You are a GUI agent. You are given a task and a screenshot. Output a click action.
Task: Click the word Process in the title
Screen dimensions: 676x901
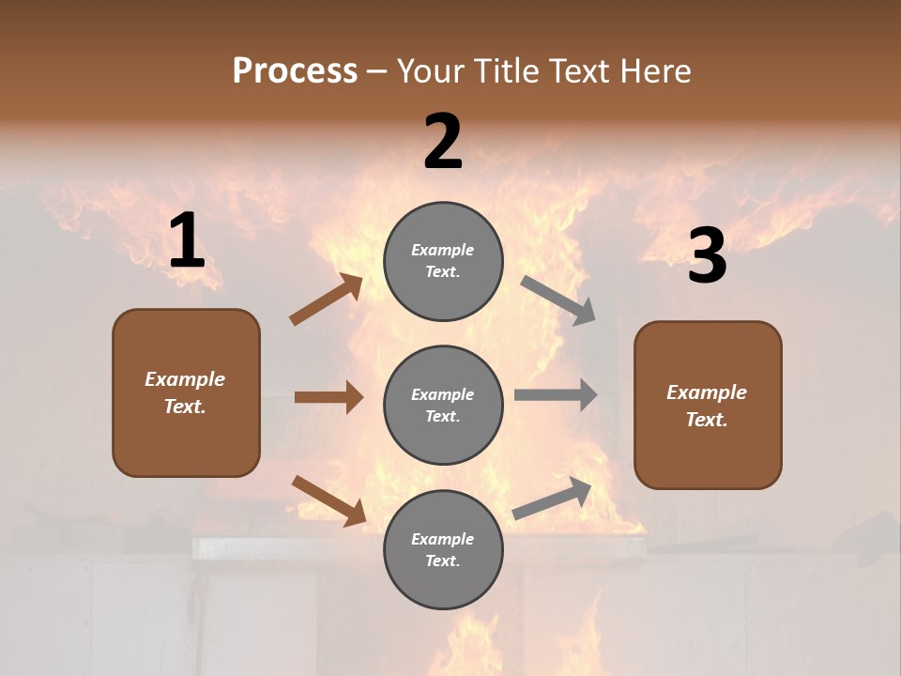pyautogui.click(x=295, y=70)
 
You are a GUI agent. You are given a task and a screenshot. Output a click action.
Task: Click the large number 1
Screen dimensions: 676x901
pyautogui.click(x=187, y=241)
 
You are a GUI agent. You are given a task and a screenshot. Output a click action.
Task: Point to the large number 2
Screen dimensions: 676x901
pyautogui.click(x=443, y=142)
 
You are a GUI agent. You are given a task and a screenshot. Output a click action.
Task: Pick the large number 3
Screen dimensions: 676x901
pyautogui.click(x=707, y=256)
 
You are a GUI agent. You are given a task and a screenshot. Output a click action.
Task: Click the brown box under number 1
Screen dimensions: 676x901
pyautogui.click(x=186, y=392)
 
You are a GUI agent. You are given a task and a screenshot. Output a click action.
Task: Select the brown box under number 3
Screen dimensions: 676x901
pyautogui.click(x=708, y=405)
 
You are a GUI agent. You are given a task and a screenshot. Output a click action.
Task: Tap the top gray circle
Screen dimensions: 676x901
pyautogui.click(x=443, y=261)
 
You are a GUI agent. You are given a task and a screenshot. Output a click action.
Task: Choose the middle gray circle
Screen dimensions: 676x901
pyautogui.click(x=443, y=405)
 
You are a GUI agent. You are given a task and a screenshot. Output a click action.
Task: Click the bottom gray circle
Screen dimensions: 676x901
pyautogui.click(x=443, y=549)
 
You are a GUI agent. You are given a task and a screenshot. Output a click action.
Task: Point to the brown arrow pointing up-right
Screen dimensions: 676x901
pyautogui.click(x=327, y=300)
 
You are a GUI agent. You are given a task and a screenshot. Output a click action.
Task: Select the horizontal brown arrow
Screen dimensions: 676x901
pyautogui.click(x=328, y=397)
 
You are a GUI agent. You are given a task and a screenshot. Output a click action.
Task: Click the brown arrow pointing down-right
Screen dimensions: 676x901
pyautogui.click(x=328, y=499)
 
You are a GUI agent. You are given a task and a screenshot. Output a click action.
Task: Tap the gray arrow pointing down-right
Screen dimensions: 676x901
pyautogui.click(x=558, y=300)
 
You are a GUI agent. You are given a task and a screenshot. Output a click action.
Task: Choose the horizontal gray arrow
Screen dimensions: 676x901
pyautogui.click(x=556, y=395)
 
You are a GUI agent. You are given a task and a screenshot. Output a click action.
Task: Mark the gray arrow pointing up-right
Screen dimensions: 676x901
pyautogui.click(x=553, y=498)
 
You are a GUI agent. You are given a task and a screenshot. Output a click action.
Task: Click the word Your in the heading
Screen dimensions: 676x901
pyautogui.click(x=431, y=70)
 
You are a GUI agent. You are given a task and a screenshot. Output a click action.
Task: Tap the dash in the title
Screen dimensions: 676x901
pyautogui.click(x=377, y=71)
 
